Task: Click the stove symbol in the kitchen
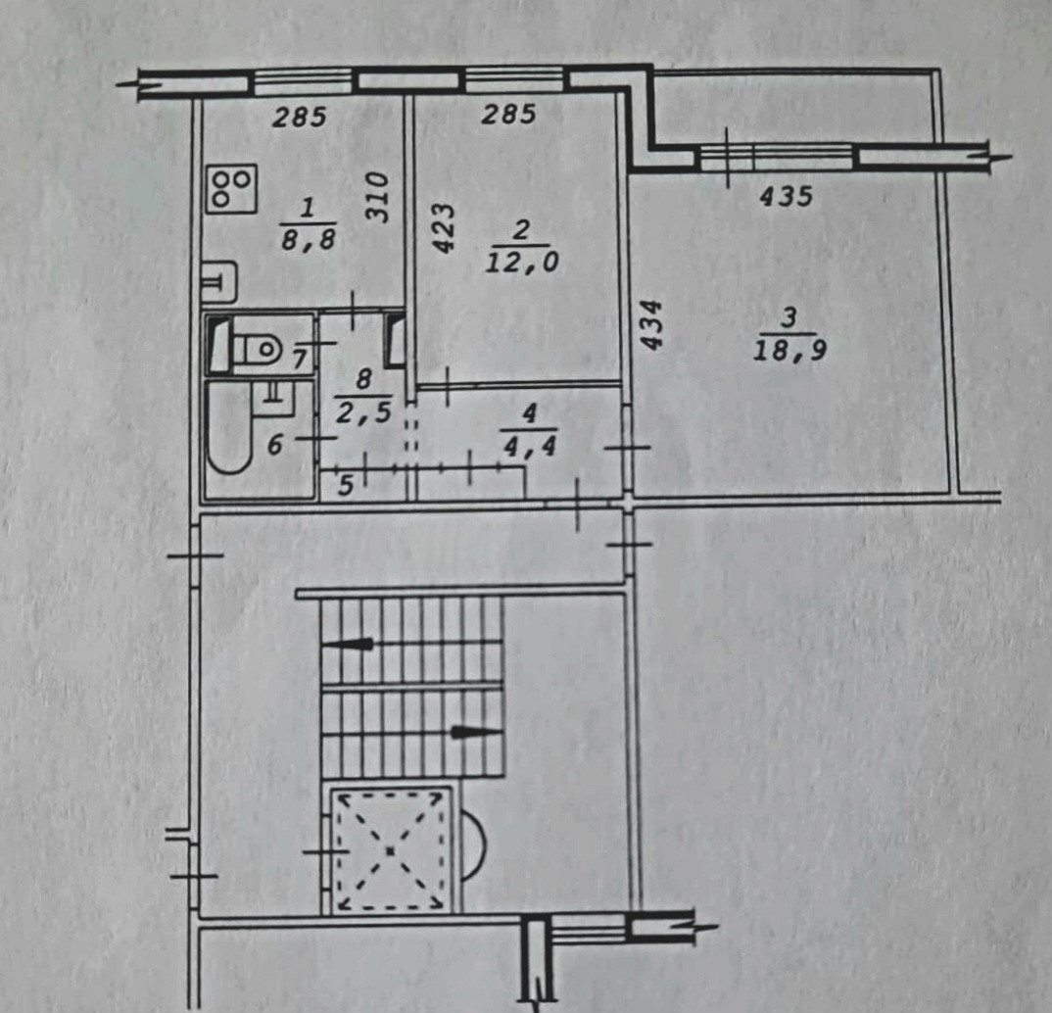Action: pyautogui.click(x=232, y=188)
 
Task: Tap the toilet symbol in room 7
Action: pyautogui.click(x=257, y=346)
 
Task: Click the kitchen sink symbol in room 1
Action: pyautogui.click(x=218, y=282)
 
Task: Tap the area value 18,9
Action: pyautogui.click(x=789, y=350)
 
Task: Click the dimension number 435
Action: pyautogui.click(x=786, y=197)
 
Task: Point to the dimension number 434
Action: pyautogui.click(x=652, y=327)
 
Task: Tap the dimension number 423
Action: pyautogui.click(x=444, y=228)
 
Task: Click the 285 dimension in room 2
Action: pyautogui.click(x=508, y=115)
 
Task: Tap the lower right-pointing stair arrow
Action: pyautogui.click(x=476, y=732)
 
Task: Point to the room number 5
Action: pyautogui.click(x=346, y=485)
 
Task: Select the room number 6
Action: pyautogui.click(x=275, y=446)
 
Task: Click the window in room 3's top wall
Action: pyautogui.click(x=777, y=157)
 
